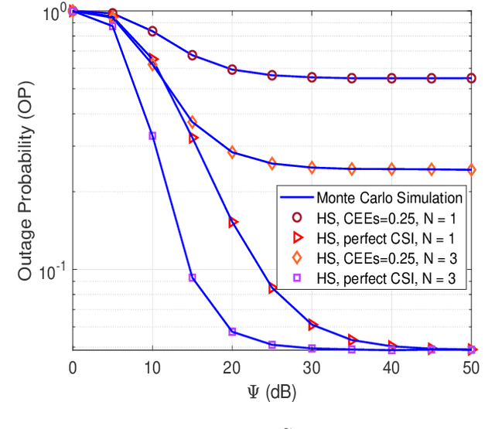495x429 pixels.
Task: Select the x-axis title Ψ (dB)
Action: [271, 392]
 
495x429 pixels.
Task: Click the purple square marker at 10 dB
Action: [152, 136]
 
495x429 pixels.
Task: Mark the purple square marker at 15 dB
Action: [193, 277]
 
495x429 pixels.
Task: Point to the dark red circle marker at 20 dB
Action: [232, 70]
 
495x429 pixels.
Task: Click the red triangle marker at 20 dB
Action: [233, 223]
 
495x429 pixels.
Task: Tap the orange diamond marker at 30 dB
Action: [312, 167]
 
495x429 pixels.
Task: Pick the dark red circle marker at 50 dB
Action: [471, 78]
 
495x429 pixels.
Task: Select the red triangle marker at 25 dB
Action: [272, 288]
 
